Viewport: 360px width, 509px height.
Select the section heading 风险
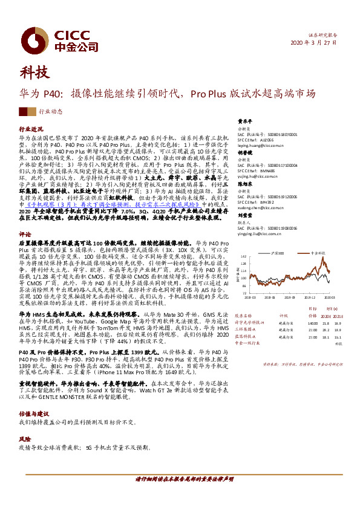pos(25,438)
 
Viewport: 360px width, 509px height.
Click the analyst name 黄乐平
pos(243,120)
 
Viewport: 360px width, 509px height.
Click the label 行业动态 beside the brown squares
pos(50,112)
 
